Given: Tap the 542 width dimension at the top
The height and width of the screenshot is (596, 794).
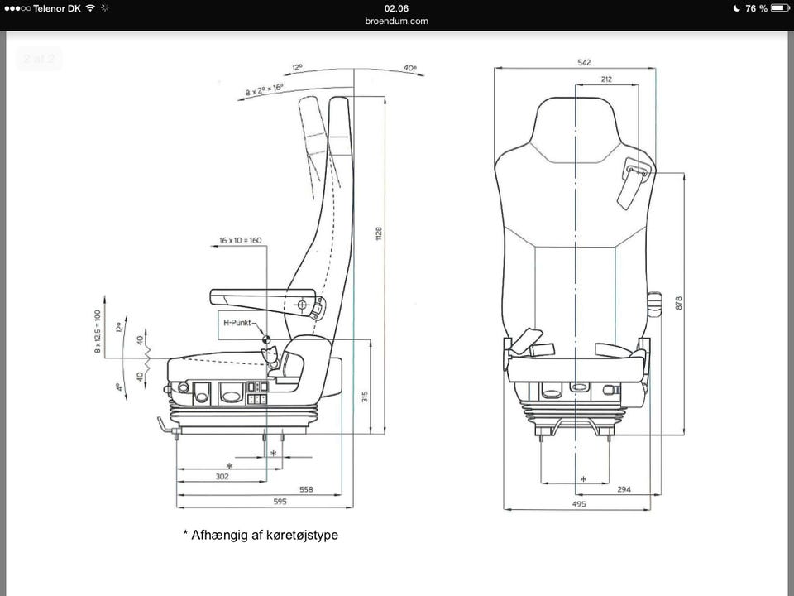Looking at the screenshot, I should click(x=585, y=62).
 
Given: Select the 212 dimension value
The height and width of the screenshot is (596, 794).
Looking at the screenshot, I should click(x=607, y=79).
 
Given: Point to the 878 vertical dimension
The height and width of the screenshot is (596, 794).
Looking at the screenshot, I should click(x=679, y=301).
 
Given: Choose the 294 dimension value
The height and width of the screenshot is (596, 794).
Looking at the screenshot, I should click(x=624, y=489).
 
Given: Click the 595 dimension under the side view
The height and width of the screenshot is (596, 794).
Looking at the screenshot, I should click(x=281, y=502).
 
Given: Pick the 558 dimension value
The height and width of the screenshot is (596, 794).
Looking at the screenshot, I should click(x=306, y=489).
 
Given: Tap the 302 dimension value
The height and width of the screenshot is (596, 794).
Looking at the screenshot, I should click(x=222, y=477).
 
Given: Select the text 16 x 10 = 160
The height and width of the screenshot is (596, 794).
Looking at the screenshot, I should click(x=240, y=240).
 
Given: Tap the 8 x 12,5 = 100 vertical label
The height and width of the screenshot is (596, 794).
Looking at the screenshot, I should click(x=98, y=332).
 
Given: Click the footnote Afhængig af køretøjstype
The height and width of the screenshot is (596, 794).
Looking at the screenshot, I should click(x=261, y=535).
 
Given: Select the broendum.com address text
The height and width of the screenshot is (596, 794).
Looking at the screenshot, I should click(x=396, y=21).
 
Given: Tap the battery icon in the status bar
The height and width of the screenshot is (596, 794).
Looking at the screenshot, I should click(x=781, y=8).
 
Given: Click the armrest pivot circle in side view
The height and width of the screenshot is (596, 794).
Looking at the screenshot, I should click(x=302, y=305).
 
